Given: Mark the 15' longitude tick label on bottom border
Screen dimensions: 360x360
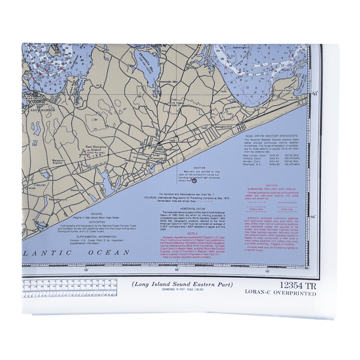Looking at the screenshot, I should [86, 270].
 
